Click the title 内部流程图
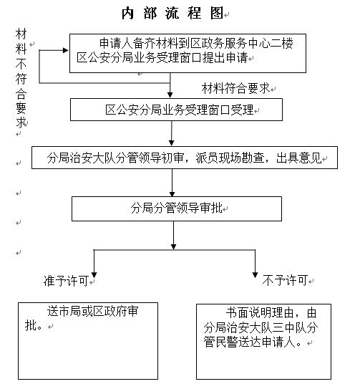172,13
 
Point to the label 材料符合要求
235,88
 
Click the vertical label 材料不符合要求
21,78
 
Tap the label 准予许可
66,281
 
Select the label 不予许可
285,280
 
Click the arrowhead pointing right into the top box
66,50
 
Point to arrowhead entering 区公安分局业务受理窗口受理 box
170,95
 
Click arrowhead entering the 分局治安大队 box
171,143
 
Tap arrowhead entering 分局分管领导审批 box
172,193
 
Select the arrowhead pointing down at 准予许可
94,275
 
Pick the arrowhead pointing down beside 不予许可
255,275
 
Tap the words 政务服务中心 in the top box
219,44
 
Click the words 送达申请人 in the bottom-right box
267,342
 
